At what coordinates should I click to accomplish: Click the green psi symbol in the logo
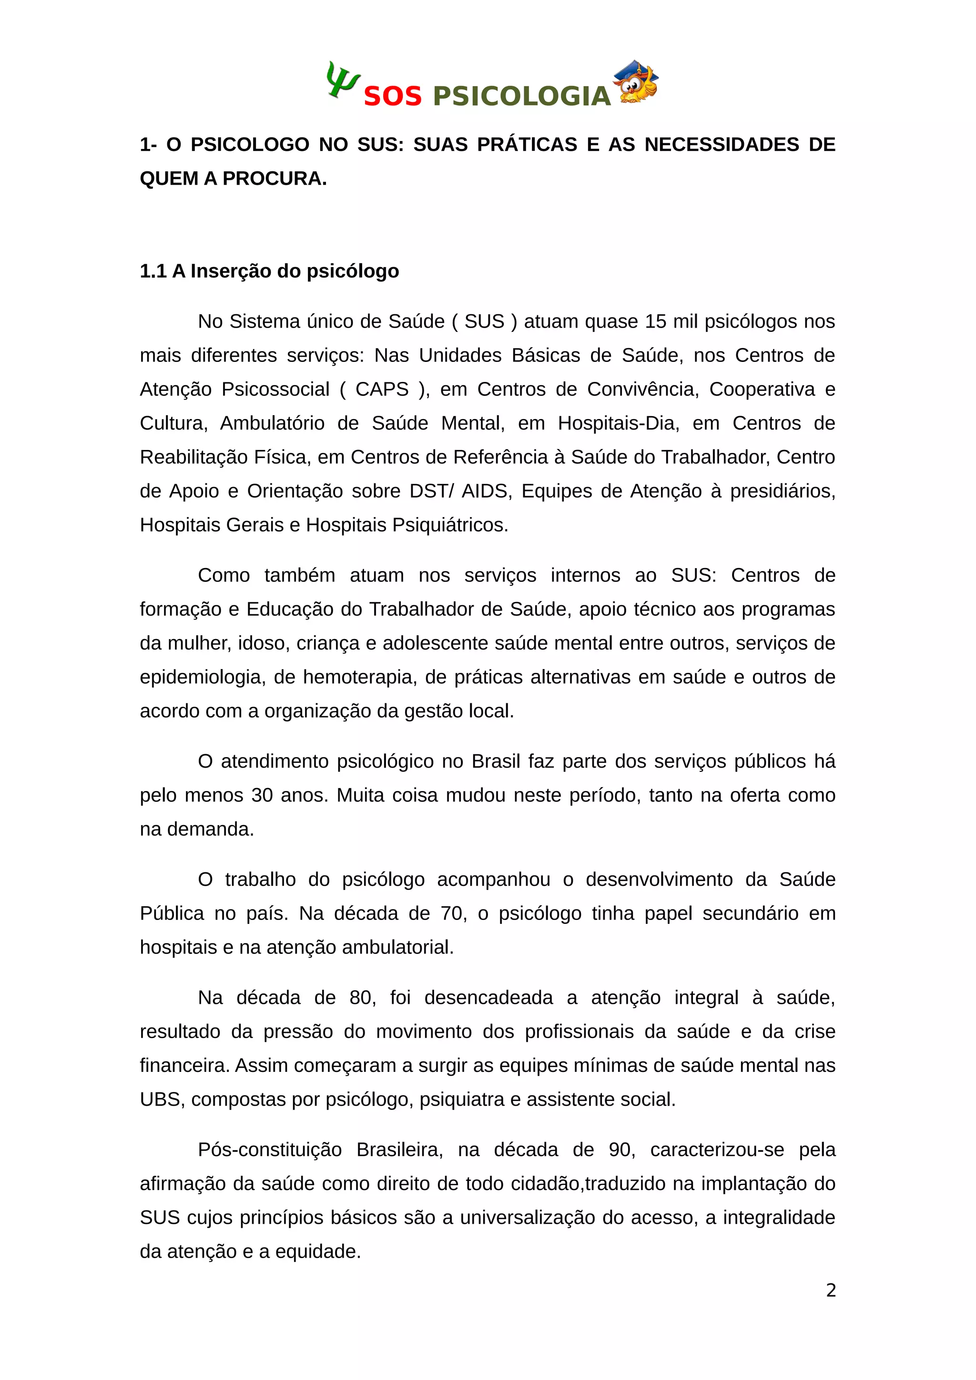tap(342, 80)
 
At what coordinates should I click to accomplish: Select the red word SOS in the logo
tap(393, 97)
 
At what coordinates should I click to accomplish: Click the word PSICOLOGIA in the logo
tap(521, 97)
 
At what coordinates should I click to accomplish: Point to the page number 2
tap(831, 1290)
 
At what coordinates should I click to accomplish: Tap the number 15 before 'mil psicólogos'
tap(655, 321)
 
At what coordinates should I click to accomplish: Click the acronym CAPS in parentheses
tap(382, 390)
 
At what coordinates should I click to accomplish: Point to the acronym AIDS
tap(486, 491)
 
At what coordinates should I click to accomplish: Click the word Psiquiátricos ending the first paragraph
tap(450, 525)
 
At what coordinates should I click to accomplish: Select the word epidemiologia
tap(202, 677)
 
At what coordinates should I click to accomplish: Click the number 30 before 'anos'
tap(262, 795)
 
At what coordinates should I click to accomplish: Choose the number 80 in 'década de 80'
tap(361, 998)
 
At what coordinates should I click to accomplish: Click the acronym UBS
tap(161, 1100)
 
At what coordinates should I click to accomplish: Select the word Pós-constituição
tap(270, 1150)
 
